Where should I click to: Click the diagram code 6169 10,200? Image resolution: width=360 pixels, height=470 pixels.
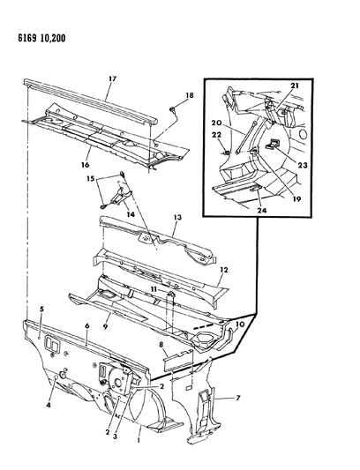click(x=41, y=39)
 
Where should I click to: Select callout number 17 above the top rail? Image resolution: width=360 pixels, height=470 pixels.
click(x=113, y=79)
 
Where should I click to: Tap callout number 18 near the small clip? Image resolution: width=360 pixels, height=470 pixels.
click(x=190, y=95)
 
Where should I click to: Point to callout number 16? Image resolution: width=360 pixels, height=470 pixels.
click(x=85, y=165)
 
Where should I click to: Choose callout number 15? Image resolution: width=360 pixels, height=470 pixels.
click(x=90, y=179)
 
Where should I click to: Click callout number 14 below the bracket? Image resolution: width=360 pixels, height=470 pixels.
click(x=131, y=214)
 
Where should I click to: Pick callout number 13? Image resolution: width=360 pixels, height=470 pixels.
click(x=177, y=217)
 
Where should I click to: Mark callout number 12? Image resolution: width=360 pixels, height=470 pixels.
click(x=224, y=270)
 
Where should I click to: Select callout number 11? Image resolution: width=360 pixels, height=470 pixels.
click(x=154, y=290)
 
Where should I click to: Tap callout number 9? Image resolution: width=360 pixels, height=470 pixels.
click(x=105, y=327)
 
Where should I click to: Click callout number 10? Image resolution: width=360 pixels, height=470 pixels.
click(x=240, y=325)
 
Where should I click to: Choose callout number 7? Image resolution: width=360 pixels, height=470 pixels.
click(x=238, y=398)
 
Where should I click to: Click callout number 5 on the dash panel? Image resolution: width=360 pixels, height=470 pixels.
click(x=41, y=309)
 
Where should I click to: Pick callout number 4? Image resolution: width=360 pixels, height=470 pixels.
click(x=49, y=406)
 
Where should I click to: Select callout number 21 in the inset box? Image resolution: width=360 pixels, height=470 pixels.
click(x=295, y=86)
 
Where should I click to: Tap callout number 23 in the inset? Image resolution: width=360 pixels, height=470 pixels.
click(x=303, y=165)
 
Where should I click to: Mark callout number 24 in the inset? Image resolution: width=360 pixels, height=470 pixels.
click(x=261, y=211)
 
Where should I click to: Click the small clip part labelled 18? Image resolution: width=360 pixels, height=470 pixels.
click(x=173, y=109)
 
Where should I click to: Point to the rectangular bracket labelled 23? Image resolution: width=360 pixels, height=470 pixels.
click(x=273, y=143)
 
